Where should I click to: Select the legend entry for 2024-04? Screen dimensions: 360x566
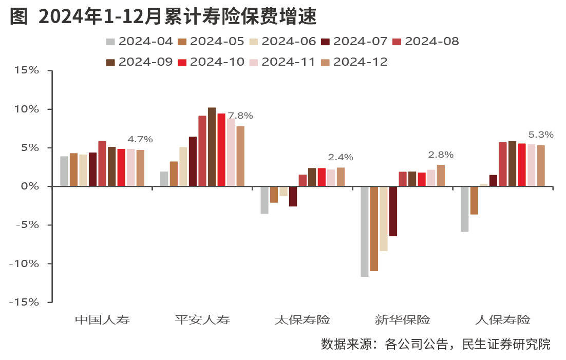coord(139,42)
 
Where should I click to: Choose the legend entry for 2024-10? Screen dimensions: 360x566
coord(211,62)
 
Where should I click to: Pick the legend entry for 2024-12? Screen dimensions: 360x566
coord(354,62)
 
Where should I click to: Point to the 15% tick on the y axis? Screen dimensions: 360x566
coord(26,70)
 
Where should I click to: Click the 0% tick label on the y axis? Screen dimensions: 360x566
coord(30,186)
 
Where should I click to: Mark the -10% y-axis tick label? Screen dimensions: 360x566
coord(24,263)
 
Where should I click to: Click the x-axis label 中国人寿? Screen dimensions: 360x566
coord(102,320)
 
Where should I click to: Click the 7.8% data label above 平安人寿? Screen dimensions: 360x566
coord(240,116)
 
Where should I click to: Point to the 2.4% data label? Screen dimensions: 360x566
coord(341,157)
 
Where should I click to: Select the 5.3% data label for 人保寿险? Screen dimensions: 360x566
coord(541,135)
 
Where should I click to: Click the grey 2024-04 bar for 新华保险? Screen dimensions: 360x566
coord(365,231)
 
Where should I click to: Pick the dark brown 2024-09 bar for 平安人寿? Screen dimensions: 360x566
coord(212,147)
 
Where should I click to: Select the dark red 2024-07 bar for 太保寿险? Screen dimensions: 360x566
coord(293,196)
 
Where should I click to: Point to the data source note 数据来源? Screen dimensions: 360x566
coord(436,344)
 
